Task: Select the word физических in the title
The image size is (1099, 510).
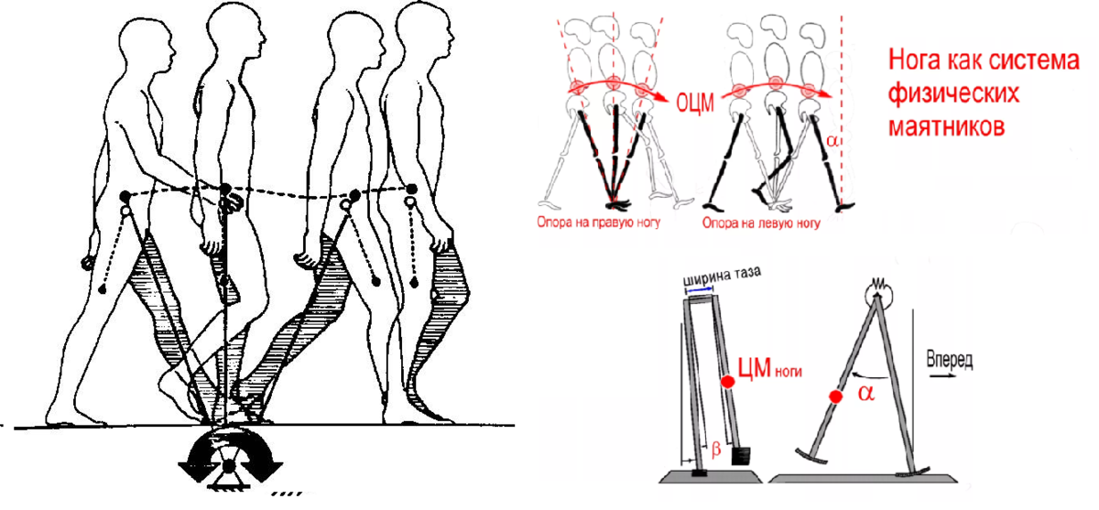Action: (953, 94)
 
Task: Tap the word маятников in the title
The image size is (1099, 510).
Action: (947, 126)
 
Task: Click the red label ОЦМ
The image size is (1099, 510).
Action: (695, 103)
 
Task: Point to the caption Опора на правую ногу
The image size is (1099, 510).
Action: (599, 222)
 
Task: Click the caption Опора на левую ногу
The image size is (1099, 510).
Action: (761, 223)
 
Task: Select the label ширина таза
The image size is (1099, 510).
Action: (723, 278)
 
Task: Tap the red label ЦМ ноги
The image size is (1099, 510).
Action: (770, 368)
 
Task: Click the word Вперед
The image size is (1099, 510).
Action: (950, 360)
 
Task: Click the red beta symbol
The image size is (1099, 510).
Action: (716, 450)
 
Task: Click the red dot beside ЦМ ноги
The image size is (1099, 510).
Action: (727, 382)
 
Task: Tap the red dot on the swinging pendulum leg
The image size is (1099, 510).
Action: (836, 396)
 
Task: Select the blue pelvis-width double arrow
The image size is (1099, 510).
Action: (701, 291)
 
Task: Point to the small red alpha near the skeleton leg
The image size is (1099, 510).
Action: (832, 142)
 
